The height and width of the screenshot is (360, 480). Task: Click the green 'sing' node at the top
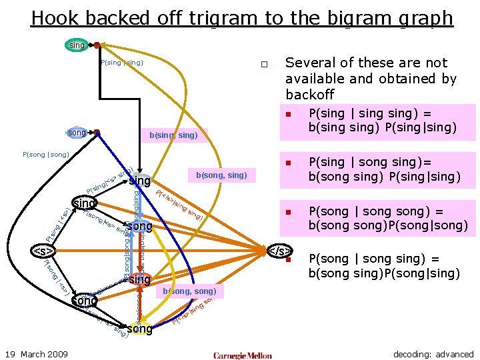pos(77,45)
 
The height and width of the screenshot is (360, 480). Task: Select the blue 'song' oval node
pos(78,133)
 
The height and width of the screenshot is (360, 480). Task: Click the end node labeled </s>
pos(279,251)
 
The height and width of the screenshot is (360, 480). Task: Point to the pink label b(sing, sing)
pos(173,135)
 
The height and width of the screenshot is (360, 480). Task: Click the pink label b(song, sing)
pos(221,175)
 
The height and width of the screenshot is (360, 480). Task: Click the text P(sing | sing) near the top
pos(121,63)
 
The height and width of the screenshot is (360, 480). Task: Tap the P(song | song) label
pos(46,155)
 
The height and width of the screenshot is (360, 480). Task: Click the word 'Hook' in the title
pos(55,18)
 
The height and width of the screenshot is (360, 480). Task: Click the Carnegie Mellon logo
pos(243,355)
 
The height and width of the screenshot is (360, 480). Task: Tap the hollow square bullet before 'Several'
pos(264,65)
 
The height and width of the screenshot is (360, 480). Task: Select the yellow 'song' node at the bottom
pos(139,329)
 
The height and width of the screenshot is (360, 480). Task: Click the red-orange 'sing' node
pos(139,279)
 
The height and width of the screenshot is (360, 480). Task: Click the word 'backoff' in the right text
pos(309,95)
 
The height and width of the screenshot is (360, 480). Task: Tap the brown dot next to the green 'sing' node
pos(97,45)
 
